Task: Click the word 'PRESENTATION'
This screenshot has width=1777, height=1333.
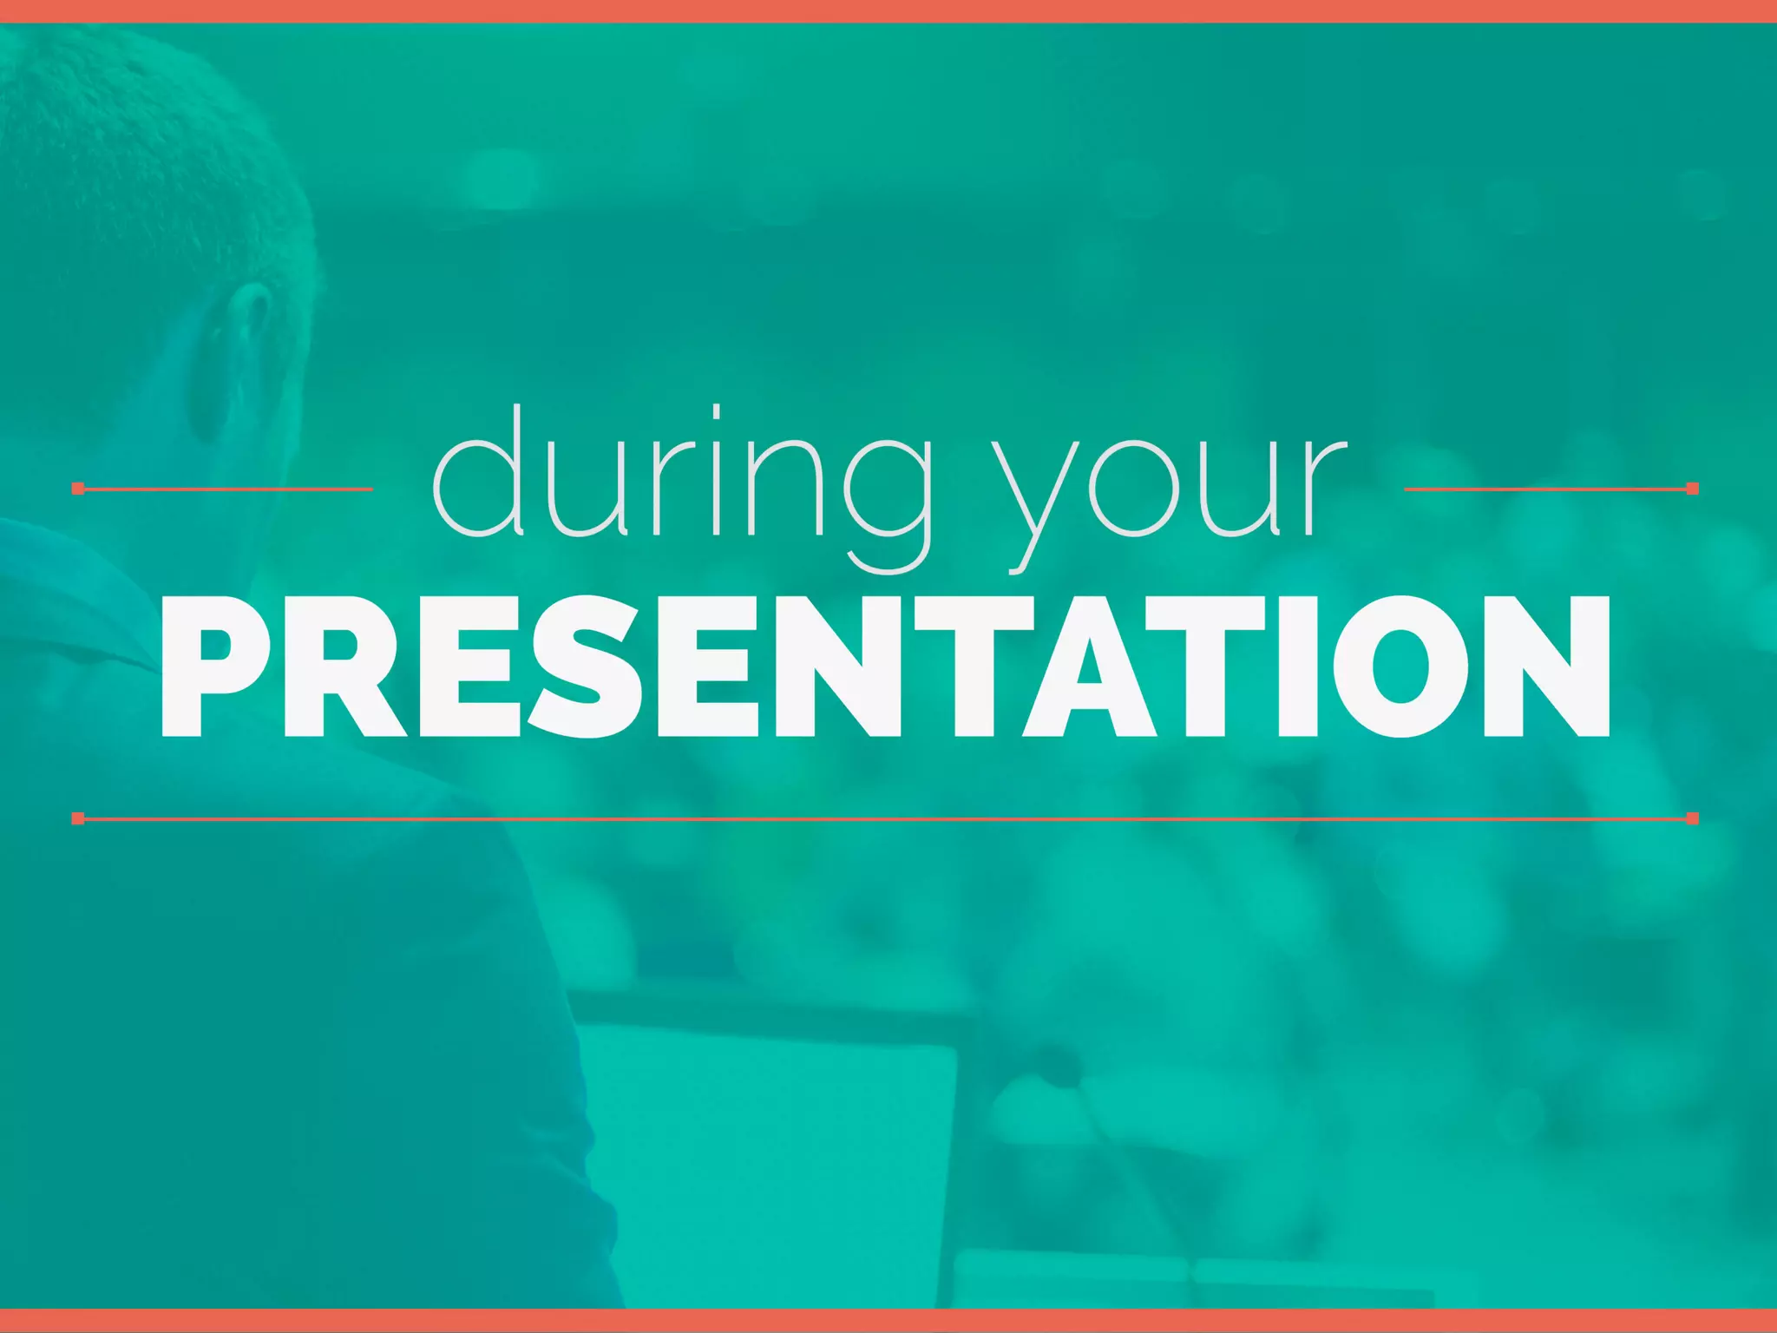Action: coord(885,666)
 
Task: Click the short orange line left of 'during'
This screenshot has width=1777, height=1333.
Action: coord(226,489)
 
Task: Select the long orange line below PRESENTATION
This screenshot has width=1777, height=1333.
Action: coord(885,818)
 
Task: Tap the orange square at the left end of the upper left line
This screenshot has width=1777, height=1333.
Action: coord(78,489)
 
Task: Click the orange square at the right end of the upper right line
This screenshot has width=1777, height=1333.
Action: coord(1692,489)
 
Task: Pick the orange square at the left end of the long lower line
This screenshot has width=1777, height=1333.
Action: coord(78,818)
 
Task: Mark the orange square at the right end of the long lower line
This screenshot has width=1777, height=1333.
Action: coord(1692,818)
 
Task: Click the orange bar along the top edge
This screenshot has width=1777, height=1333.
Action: coord(888,10)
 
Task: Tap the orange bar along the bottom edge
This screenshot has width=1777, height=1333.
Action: coord(888,1321)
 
